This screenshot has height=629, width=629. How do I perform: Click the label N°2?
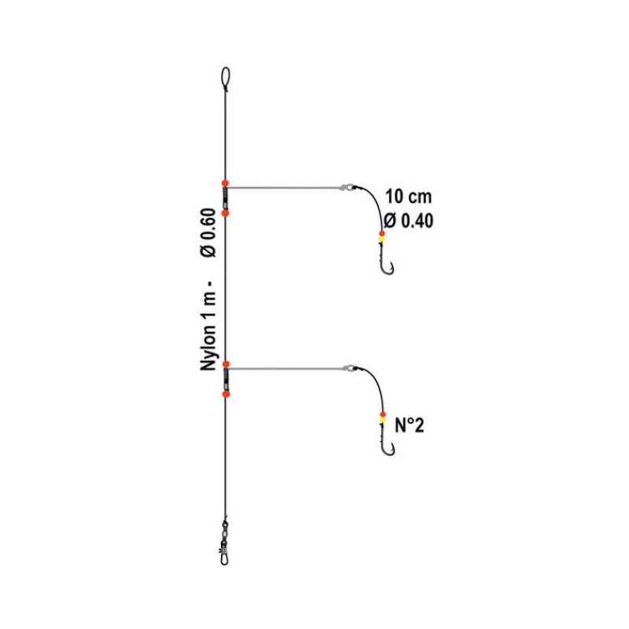pos(409,425)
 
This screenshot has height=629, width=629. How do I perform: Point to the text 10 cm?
pos(408,197)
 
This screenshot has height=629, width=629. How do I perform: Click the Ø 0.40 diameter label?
pos(408,221)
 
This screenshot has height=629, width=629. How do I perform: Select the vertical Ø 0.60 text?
pos(208,233)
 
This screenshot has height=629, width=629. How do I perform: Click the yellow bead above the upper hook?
pos(381,239)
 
